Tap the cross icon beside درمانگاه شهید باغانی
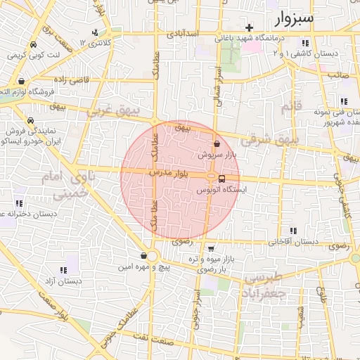pos(249,27)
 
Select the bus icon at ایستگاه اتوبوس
pos(222,179)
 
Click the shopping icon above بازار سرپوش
pos(217,143)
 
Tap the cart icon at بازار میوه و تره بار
pos(211,248)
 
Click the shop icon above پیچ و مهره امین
pos(144,256)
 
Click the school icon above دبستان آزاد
pos(63,270)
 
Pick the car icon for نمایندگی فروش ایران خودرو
pos(30,120)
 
